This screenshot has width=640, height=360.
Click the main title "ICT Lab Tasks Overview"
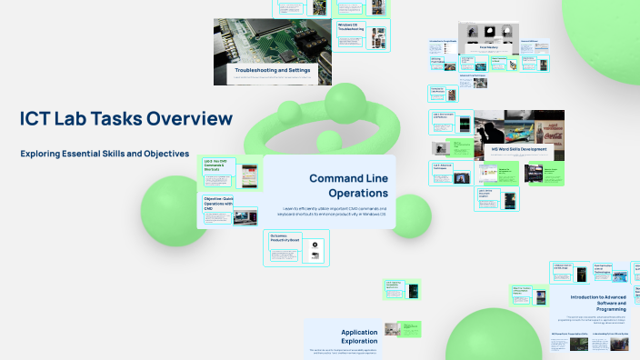126,119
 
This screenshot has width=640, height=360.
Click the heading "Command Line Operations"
348,185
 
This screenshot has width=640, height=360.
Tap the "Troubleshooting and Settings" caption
273,70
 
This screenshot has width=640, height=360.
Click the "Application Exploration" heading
346,337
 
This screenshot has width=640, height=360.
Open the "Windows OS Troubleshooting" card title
350,27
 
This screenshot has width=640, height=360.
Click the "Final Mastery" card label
476,45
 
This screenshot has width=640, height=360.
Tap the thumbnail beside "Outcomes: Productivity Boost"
315,251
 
